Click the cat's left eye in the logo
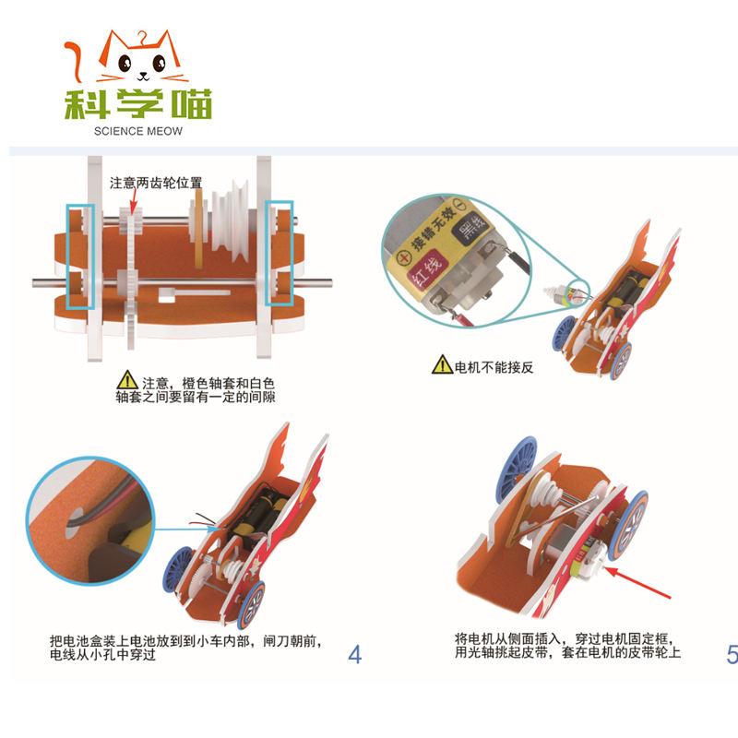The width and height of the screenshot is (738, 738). click(x=125, y=63)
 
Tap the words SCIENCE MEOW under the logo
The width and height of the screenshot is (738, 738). click(x=137, y=131)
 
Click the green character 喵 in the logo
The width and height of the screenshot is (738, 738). click(x=192, y=103)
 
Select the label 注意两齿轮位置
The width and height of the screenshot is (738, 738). click(x=156, y=183)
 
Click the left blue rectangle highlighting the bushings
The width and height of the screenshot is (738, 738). click(x=80, y=257)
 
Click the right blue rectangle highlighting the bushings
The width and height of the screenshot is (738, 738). click(x=280, y=254)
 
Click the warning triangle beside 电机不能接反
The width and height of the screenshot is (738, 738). click(x=442, y=364)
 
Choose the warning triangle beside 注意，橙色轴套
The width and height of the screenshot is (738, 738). click(x=127, y=380)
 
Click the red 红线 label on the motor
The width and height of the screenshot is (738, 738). click(x=427, y=268)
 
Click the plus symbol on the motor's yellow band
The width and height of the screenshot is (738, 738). click(x=403, y=258)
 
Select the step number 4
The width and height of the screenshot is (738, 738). click(x=355, y=654)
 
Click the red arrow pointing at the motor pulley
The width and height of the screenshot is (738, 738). click(x=637, y=583)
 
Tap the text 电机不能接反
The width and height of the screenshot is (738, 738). click(x=494, y=367)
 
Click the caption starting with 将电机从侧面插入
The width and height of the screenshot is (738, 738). click(x=567, y=645)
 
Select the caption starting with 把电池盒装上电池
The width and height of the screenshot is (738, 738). click(x=186, y=648)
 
